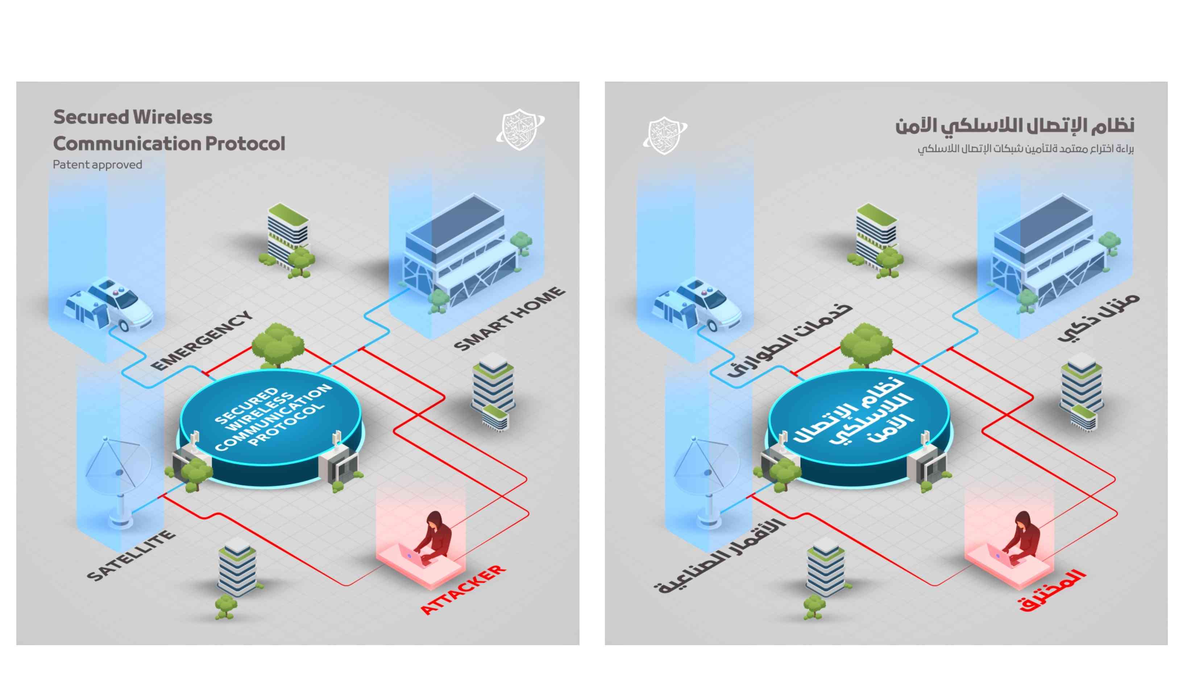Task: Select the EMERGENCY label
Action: pyautogui.click(x=202, y=341)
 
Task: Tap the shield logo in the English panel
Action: pyautogui.click(x=520, y=129)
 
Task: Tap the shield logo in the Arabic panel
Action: pyautogui.click(x=664, y=135)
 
